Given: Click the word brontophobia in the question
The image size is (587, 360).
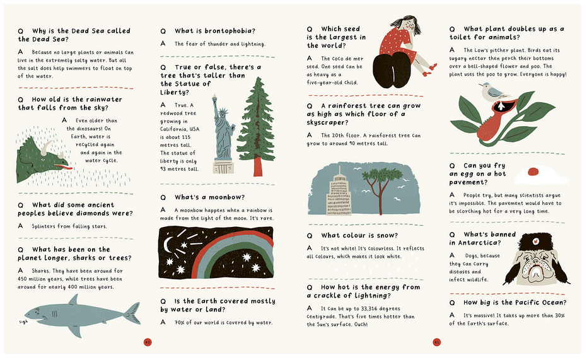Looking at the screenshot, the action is [x=230, y=31].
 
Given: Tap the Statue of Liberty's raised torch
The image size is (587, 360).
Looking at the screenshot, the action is [x=215, y=99].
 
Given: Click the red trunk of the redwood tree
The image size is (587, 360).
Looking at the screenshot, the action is [x=258, y=166].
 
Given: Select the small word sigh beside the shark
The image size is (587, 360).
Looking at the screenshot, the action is [x=23, y=322].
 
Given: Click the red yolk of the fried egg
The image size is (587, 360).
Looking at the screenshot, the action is [x=533, y=171].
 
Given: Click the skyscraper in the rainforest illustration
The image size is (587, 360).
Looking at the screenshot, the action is [x=339, y=193].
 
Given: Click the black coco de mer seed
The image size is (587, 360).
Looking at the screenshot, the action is [x=392, y=70].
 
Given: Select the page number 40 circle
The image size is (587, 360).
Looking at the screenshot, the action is [x=148, y=342].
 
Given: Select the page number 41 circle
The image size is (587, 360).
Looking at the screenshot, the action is [x=436, y=342].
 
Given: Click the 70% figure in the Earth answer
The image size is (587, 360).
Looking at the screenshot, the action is [x=179, y=323].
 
